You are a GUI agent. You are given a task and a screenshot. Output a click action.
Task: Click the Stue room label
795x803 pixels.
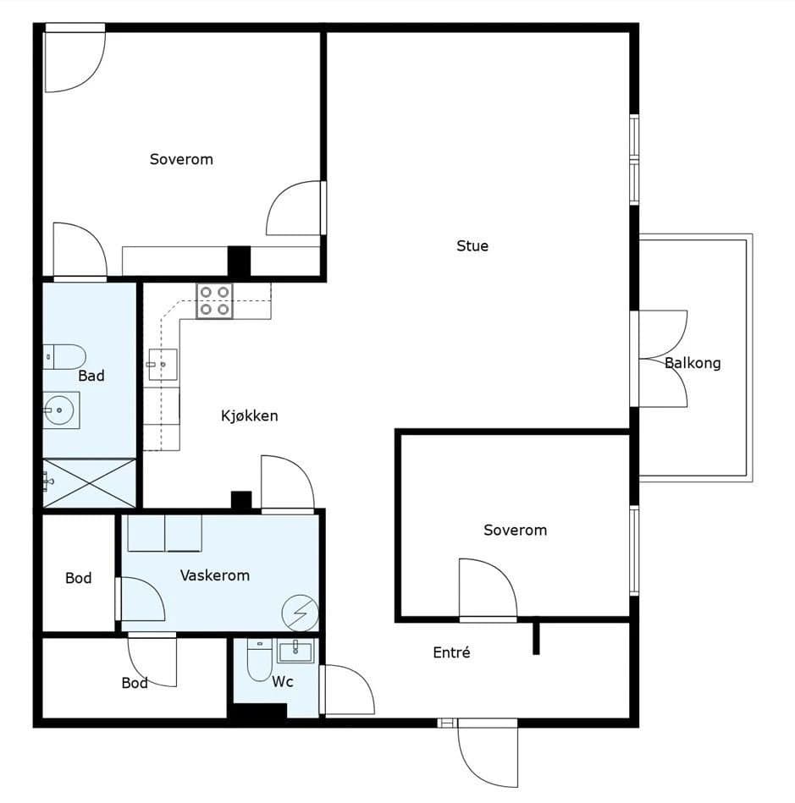point(472,246)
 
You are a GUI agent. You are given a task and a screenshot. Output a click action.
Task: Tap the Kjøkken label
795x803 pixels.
point(250,415)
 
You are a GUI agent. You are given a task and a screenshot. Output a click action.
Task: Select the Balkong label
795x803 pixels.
point(693,363)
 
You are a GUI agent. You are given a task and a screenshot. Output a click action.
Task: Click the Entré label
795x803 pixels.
point(451,652)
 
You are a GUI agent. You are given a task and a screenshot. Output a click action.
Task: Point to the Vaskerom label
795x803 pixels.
point(215,575)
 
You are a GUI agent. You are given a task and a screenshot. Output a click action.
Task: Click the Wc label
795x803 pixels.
point(283,681)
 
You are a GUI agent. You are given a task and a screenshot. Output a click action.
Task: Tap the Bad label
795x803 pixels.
point(91,376)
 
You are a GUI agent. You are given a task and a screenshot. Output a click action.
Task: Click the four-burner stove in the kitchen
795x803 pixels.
point(214,300)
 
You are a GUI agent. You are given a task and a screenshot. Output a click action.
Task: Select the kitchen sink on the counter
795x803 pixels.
point(163,365)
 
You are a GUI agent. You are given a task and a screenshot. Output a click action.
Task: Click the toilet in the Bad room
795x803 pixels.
point(64,357)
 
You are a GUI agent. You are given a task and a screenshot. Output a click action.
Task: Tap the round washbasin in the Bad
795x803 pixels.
point(60,410)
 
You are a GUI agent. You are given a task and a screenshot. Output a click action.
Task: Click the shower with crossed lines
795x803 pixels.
point(89,483)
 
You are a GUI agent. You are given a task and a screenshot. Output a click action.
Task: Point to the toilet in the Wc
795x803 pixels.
point(259,659)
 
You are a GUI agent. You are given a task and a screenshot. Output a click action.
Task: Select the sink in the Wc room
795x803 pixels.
point(295,652)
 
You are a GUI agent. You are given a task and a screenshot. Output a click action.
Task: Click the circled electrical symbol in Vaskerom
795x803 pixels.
point(301,613)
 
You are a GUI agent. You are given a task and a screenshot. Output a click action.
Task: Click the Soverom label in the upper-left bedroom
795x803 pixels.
point(181,159)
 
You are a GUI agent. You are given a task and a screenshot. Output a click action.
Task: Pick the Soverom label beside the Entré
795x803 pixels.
point(515,530)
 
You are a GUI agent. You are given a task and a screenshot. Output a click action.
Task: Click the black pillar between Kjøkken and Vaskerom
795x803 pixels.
point(241,500)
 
